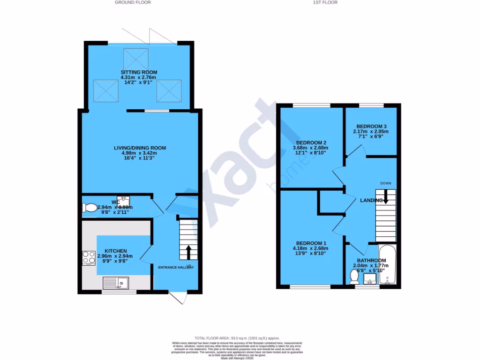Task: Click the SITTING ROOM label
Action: (x=138, y=72)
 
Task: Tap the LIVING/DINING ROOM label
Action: (x=140, y=148)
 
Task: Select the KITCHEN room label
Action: (x=115, y=251)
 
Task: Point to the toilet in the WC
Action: (x=89, y=208)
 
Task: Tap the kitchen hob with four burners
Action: (x=89, y=258)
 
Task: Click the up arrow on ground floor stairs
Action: (x=188, y=252)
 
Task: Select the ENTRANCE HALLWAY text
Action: (x=176, y=268)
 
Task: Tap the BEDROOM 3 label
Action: (x=371, y=127)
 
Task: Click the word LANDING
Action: (x=371, y=201)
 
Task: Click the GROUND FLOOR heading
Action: (x=133, y=2)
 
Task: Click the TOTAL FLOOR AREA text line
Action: (x=237, y=338)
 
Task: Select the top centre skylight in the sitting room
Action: (x=135, y=58)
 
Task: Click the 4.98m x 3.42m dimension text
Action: (x=140, y=153)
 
